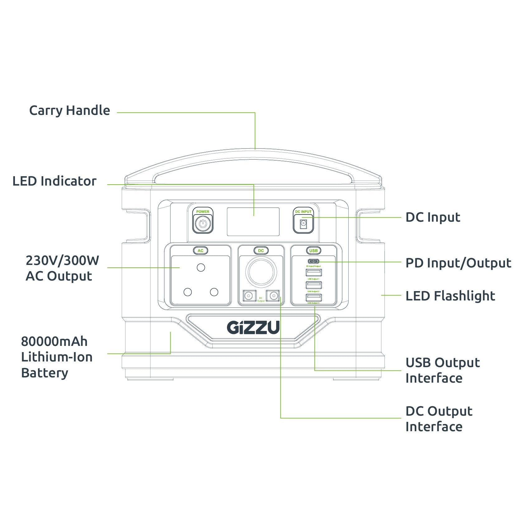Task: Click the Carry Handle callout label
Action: pos(69,111)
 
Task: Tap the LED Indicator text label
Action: pos(54,181)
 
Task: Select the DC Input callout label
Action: pos(432,217)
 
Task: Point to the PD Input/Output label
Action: pos(458,263)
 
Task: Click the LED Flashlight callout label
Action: pos(450,296)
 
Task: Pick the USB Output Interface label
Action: pos(442,370)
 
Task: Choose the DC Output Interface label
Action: pos(438,419)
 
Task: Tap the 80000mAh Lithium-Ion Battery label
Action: pos(57,357)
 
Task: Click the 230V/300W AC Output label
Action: pos(62,268)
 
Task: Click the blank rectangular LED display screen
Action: pos(253,222)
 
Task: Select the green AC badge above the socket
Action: pos(201,251)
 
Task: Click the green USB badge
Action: pos(313,251)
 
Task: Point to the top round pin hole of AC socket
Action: pos(201,267)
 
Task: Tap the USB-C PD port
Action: pos(313,261)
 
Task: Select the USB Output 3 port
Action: pos(314,297)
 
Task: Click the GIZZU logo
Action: pos(253,327)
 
